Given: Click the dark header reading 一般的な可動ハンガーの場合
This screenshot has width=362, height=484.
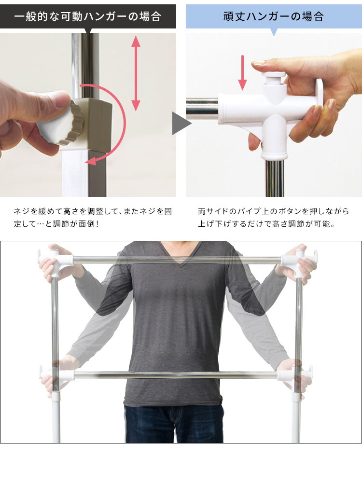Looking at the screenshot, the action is tap(88, 16).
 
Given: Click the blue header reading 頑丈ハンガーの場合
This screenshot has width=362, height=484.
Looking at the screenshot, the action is tap(274, 16).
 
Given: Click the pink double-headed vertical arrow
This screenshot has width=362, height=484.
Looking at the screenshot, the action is tap(136, 73).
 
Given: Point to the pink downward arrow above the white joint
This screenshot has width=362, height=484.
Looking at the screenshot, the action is tap(242, 72).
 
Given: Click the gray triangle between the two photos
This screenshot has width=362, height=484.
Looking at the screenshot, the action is tap(181, 123).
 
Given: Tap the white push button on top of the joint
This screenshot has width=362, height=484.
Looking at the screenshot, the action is tap(273, 78).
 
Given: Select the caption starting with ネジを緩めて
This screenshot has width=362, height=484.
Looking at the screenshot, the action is tap(93, 217).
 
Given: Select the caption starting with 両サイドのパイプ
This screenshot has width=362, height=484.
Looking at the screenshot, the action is tap(273, 217).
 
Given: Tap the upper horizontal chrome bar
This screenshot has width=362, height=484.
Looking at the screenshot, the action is tap(177, 260).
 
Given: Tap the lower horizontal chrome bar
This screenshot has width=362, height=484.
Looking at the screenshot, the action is tap(176, 375).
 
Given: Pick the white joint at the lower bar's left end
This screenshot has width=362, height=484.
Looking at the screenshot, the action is tap(57, 375).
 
